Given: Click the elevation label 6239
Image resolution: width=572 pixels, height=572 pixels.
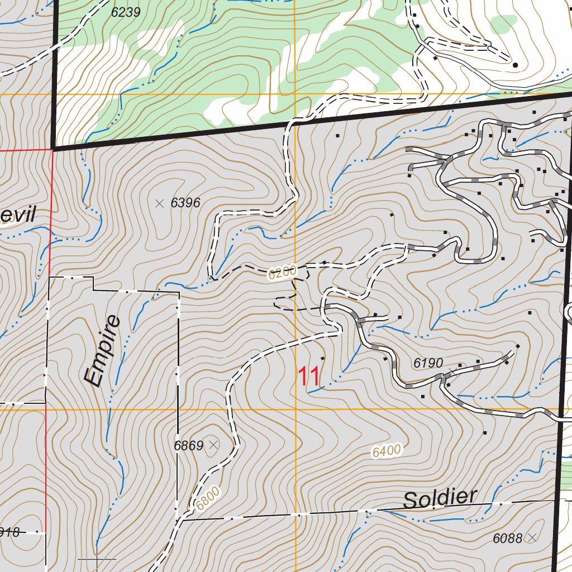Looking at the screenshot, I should coord(126,12).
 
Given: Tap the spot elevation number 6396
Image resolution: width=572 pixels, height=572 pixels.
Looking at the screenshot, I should coord(185,203).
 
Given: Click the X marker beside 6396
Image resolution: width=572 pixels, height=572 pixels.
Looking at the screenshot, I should coord(160,203).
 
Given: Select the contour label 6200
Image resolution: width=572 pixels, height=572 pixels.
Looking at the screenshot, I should coord(281,273).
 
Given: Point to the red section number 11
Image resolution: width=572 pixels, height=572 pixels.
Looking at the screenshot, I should coord(309,377).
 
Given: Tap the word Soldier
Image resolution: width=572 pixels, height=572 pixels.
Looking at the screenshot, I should coord(441,499).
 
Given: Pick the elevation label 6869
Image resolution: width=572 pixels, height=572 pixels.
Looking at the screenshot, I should coord(188,446).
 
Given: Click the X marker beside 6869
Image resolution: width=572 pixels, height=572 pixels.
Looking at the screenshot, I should coord(213,445).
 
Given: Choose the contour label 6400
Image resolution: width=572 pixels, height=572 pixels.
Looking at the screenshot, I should coord(387,451).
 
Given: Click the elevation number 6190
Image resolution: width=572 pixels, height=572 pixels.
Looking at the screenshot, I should coord(428,363).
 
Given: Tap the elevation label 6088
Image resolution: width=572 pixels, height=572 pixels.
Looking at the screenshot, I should coord(507,538).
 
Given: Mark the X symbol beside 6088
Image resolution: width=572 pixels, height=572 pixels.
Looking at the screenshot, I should coord(532,537).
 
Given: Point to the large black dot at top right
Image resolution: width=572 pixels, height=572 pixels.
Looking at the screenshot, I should coord(515,65).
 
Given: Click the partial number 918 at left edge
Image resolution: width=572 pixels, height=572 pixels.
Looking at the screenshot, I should coord(9,532).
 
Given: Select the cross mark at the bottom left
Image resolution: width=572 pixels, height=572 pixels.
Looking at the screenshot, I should coord(97,559).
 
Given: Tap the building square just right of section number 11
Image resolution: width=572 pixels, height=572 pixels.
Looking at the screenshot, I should coord(322,357).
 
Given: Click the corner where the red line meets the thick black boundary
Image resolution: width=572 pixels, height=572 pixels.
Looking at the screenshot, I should coord(53,150).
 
